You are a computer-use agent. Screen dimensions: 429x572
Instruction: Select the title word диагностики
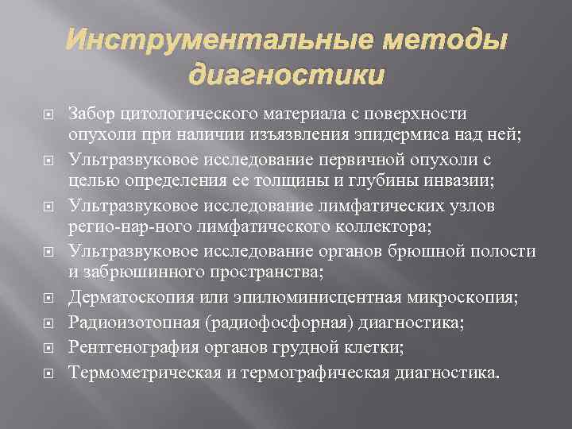286,75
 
